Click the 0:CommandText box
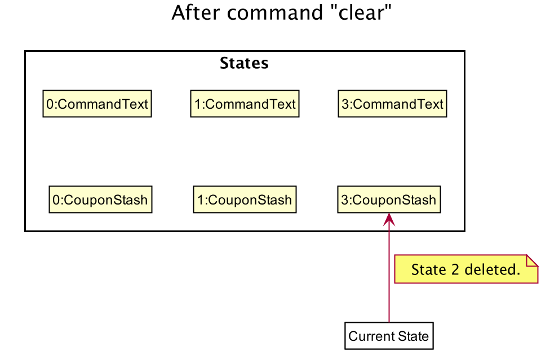(x=97, y=104)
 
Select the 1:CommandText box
(x=245, y=104)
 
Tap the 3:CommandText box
(x=393, y=104)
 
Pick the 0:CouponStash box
(x=100, y=199)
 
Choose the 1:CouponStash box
(x=245, y=199)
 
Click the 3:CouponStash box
(x=389, y=199)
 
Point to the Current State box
(x=389, y=336)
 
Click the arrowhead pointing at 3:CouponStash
(x=389, y=219)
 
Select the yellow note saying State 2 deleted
(x=466, y=269)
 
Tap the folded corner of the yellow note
(x=533, y=260)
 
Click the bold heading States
(x=244, y=63)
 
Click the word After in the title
(x=196, y=12)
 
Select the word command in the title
(x=274, y=12)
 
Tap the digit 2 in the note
(x=455, y=269)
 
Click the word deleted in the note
(x=493, y=269)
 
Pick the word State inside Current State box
(x=413, y=336)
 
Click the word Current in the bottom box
(x=371, y=336)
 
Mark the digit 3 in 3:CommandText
(x=345, y=104)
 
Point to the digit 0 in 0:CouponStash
(x=56, y=200)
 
